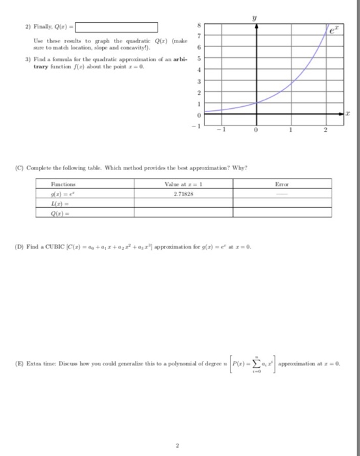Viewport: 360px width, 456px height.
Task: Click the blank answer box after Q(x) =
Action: click(x=117, y=27)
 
